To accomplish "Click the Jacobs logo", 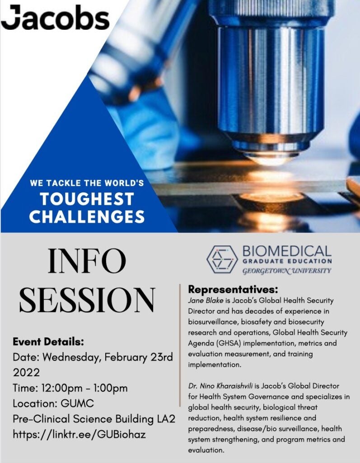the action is (x=55, y=18).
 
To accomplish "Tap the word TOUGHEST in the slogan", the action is (x=87, y=199).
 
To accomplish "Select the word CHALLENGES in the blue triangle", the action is (x=87, y=217).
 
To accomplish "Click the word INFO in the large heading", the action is (x=87, y=261).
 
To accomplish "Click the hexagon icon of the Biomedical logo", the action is (x=222, y=259).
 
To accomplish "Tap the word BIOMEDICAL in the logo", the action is (x=287, y=251).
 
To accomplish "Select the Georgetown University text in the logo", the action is (x=287, y=271).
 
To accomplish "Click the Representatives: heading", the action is (x=233, y=289).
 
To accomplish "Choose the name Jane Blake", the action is (x=206, y=301).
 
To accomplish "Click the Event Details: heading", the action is (x=48, y=342).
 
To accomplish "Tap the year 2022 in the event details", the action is (x=26, y=373).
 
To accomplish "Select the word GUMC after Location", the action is (x=77, y=403).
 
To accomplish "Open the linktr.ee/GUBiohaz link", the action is (x=79, y=435).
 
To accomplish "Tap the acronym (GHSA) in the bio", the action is (x=229, y=344).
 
